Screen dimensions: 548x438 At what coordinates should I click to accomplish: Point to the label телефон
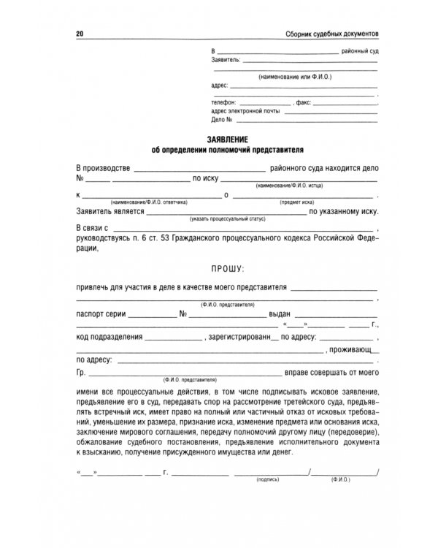click(222, 102)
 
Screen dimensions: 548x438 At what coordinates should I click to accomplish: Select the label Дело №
click(221, 119)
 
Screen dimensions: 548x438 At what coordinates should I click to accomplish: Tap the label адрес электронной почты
click(245, 110)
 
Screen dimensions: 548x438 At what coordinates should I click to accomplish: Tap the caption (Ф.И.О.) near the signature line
click(341, 479)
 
